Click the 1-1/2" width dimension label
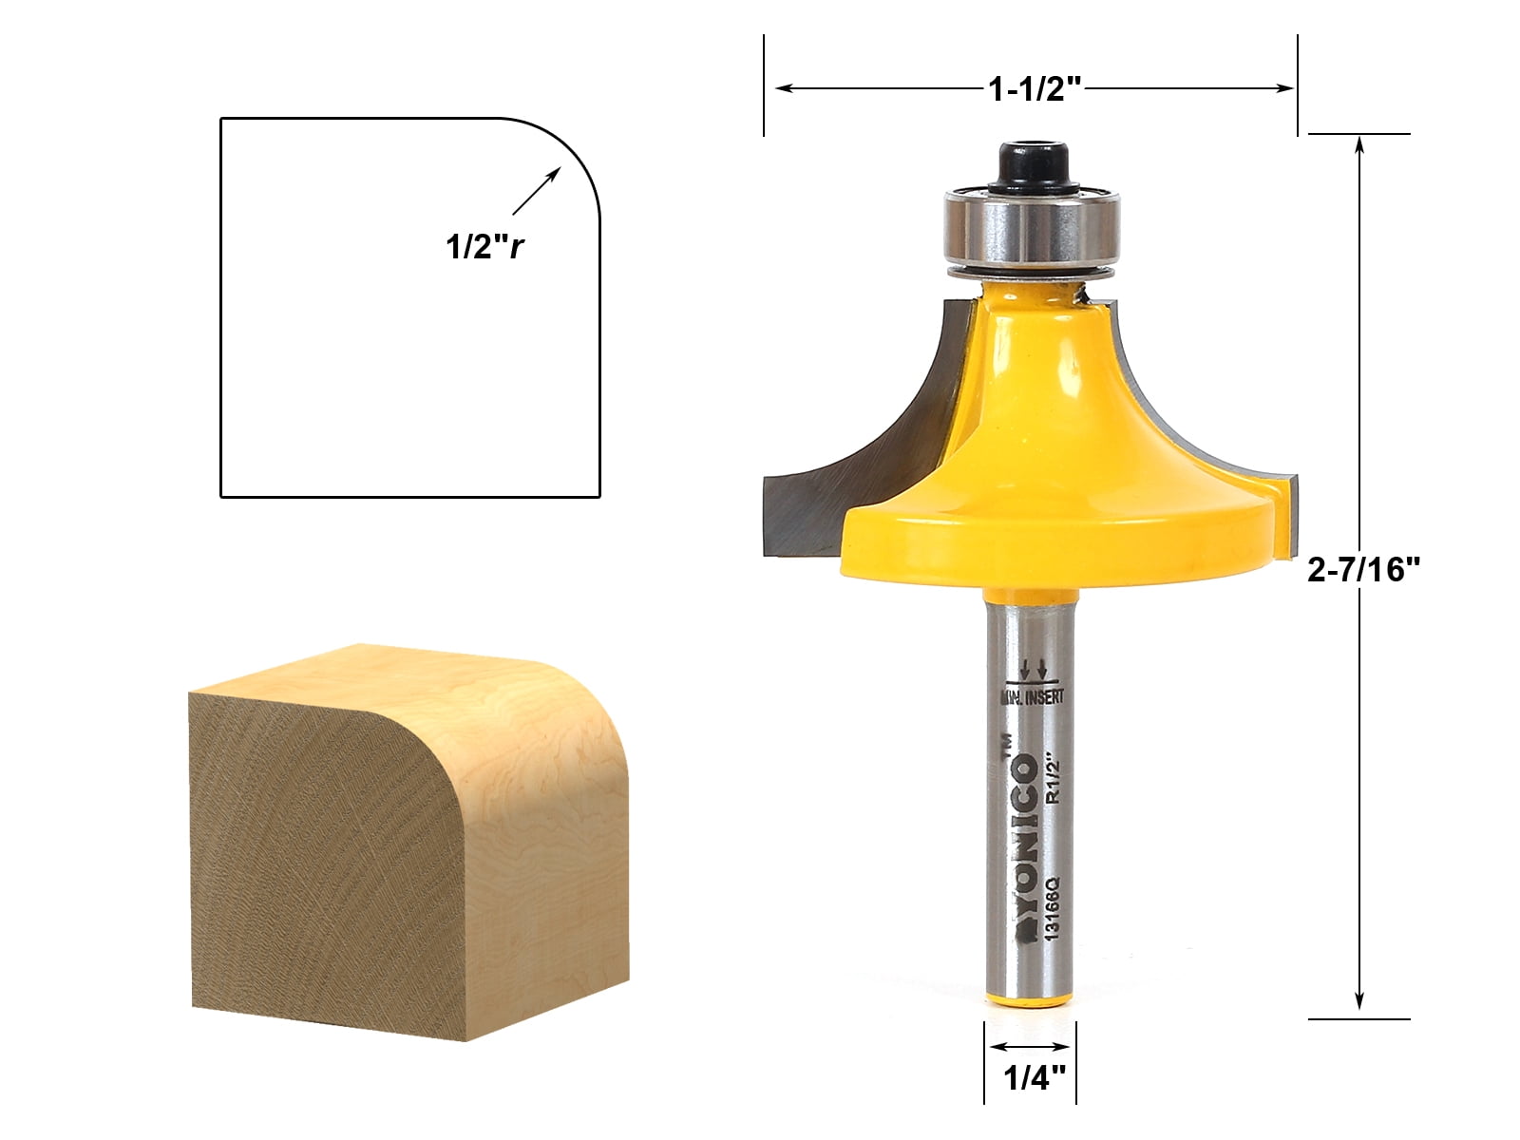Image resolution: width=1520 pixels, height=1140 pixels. tap(1035, 89)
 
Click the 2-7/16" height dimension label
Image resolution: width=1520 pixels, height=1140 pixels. tap(1363, 569)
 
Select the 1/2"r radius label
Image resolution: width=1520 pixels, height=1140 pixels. tap(485, 247)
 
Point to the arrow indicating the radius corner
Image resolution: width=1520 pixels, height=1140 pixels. tap(537, 191)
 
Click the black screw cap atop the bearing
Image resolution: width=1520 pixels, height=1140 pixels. tap(1031, 167)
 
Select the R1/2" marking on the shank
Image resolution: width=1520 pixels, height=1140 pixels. tap(1053, 779)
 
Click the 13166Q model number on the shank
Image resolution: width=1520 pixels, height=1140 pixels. tap(1053, 908)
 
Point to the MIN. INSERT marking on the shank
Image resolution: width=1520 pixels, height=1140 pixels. tap(1032, 697)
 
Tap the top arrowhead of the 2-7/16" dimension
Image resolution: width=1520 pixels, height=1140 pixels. tap(1359, 144)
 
